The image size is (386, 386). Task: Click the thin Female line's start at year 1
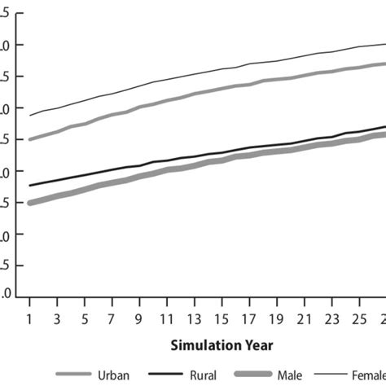(30, 115)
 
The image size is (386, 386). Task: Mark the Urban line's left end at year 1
(30, 139)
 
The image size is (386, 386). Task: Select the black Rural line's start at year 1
(30, 186)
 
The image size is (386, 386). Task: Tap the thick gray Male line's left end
(30, 203)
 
